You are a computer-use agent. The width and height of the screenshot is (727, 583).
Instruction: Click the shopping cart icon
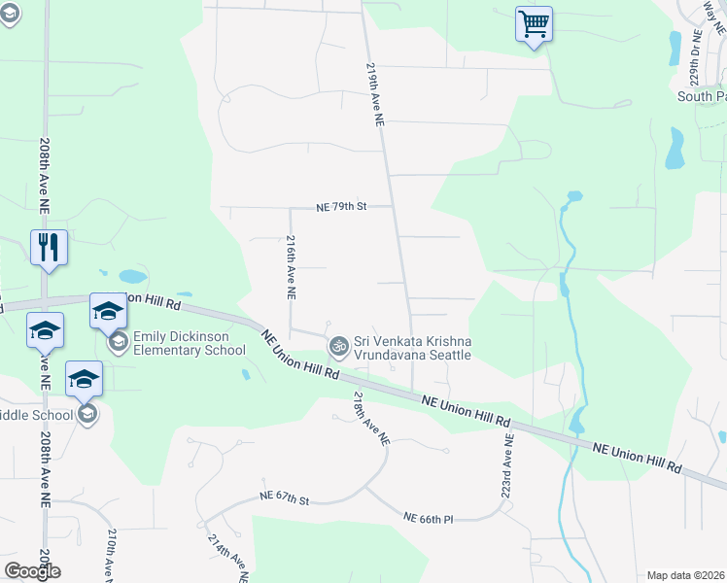point(534,23)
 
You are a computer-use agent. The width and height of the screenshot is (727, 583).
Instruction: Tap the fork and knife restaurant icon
point(49,247)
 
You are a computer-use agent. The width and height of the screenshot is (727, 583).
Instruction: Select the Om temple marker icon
point(338,345)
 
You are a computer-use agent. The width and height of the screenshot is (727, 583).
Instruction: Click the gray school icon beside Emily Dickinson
point(119,343)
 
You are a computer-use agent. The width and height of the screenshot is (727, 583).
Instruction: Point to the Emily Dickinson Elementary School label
point(190,344)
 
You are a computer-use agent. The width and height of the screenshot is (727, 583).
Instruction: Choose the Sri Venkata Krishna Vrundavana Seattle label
point(412,348)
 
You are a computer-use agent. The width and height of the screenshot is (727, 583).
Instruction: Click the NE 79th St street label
point(340,207)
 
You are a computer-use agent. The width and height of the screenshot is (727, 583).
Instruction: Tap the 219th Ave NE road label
point(376,95)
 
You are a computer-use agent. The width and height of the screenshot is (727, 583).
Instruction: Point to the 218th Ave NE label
point(371,419)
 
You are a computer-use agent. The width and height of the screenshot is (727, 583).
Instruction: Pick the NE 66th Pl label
point(429,519)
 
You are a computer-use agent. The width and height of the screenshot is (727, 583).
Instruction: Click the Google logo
point(31,571)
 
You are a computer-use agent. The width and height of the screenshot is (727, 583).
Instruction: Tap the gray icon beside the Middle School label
point(87,415)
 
